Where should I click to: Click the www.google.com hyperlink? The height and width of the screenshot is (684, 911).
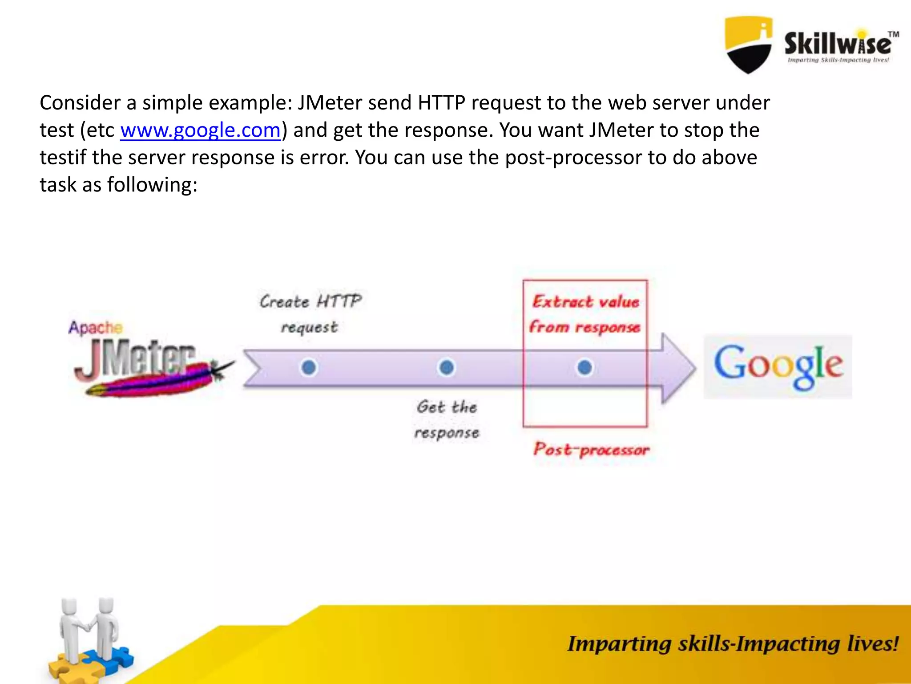tap(200, 130)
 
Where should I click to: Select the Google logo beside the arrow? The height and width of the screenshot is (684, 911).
tap(778, 366)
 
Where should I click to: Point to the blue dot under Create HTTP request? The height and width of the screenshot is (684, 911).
tap(309, 367)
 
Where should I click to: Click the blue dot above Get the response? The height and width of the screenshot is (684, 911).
tap(447, 367)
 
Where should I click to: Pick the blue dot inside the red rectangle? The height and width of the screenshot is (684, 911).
tap(584, 367)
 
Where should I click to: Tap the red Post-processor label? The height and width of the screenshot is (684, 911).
tap(591, 449)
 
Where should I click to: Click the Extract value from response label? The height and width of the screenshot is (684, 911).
tap(585, 314)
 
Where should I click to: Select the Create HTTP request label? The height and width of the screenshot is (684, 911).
tap(310, 314)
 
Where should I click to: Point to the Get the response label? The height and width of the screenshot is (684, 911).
tap(447, 419)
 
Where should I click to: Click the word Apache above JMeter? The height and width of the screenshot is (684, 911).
tap(95, 327)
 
